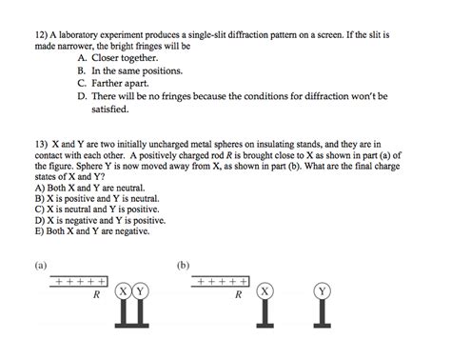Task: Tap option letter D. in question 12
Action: (84, 96)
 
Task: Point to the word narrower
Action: (80, 45)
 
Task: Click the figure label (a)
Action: (40, 266)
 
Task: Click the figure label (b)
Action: (183, 266)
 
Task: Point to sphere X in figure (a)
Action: (124, 290)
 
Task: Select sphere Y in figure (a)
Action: (140, 290)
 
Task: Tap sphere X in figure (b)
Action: (265, 290)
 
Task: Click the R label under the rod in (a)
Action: (95, 296)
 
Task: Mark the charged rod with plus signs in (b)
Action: (222, 282)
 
